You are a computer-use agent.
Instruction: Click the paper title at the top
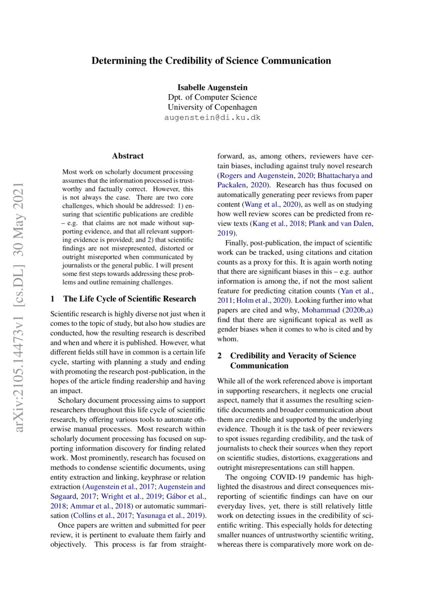[211, 61]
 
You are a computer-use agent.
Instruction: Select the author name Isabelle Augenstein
[211, 87]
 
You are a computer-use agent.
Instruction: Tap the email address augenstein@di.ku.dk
[212, 117]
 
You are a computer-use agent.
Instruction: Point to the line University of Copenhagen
[212, 107]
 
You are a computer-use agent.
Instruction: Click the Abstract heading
[128, 156]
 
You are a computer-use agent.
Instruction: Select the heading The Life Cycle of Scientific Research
[129, 299]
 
